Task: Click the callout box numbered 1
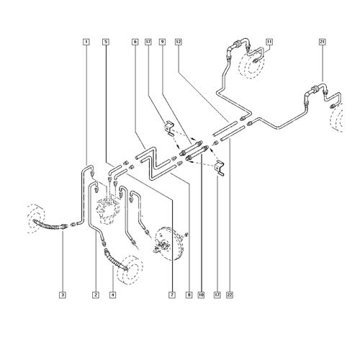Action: [86, 42]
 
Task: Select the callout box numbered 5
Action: [106, 42]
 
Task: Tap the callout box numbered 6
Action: [135, 42]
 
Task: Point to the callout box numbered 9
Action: [163, 42]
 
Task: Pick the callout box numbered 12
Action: [178, 42]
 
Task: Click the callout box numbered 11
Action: [269, 42]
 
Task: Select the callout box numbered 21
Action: [322, 42]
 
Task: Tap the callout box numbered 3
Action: [63, 294]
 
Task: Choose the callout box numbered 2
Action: [96, 294]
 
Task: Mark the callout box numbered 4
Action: [112, 294]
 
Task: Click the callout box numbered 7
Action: [172, 294]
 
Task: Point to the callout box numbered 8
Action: [189, 294]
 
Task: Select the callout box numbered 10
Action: [201, 294]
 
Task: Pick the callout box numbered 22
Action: [230, 294]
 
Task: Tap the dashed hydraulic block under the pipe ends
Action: [109, 210]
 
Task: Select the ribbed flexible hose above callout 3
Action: [49, 225]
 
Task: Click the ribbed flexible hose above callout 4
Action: [115, 261]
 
